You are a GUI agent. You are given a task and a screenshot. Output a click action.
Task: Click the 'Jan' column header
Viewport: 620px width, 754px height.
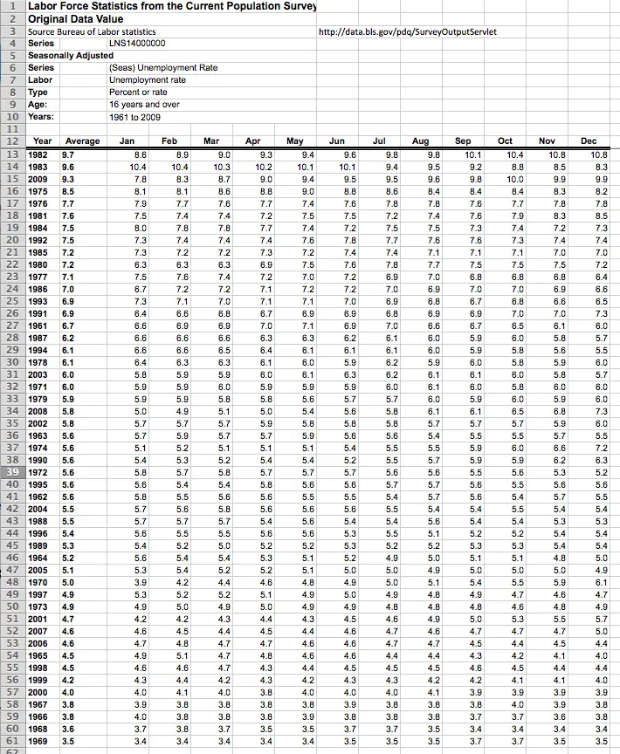(127, 141)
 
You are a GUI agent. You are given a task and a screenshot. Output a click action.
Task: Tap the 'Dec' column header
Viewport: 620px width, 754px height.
(589, 141)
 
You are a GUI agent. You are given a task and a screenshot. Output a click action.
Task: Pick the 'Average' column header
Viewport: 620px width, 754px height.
(82, 141)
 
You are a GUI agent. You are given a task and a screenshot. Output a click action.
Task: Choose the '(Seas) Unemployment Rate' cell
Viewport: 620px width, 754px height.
(163, 67)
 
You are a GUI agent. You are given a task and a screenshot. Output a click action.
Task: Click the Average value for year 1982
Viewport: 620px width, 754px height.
(67, 153)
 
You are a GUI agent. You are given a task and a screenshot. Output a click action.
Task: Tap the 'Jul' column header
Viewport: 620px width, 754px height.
(379, 141)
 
